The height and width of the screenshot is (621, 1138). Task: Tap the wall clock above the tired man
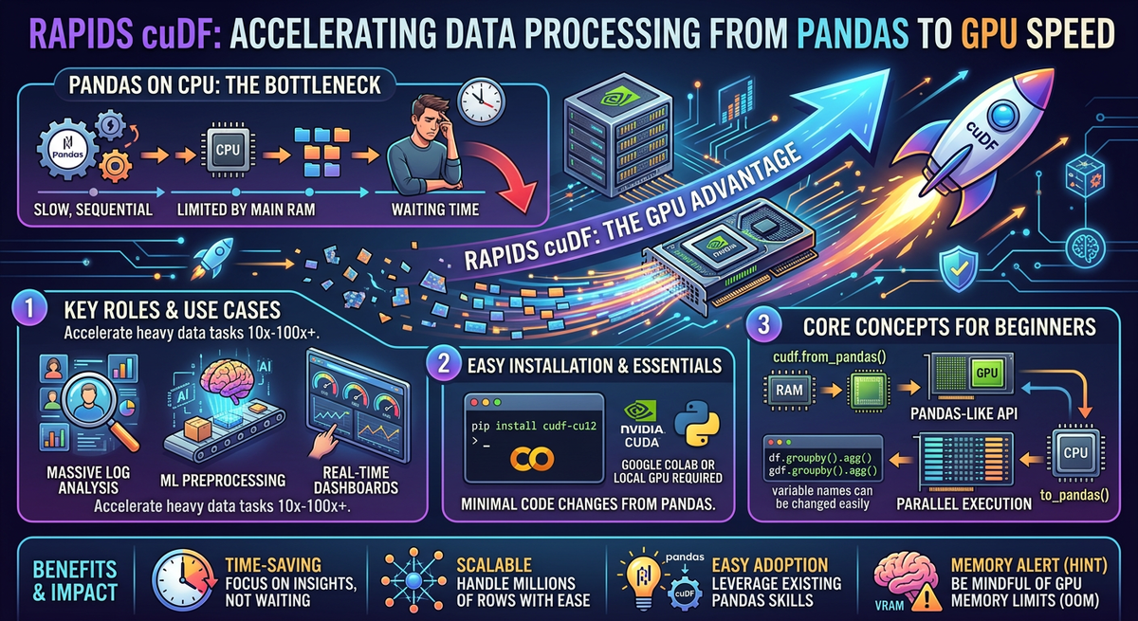[x=481, y=100]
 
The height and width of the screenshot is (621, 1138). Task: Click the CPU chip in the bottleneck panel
[x=228, y=151]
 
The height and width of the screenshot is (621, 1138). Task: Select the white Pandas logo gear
[x=67, y=152]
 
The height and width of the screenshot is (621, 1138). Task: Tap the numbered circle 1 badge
[x=29, y=309]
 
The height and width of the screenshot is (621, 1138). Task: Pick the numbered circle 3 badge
[x=763, y=325]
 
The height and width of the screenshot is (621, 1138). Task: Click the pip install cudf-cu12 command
[x=533, y=426]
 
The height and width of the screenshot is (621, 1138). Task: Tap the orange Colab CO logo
[x=532, y=459]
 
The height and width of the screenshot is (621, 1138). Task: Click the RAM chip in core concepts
[x=789, y=390]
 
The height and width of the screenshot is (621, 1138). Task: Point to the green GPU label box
[x=986, y=373]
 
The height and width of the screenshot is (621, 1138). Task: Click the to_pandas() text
[x=1074, y=495]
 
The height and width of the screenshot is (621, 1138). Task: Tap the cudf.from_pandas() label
[x=829, y=357]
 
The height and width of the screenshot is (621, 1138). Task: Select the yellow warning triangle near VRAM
[x=927, y=597]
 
